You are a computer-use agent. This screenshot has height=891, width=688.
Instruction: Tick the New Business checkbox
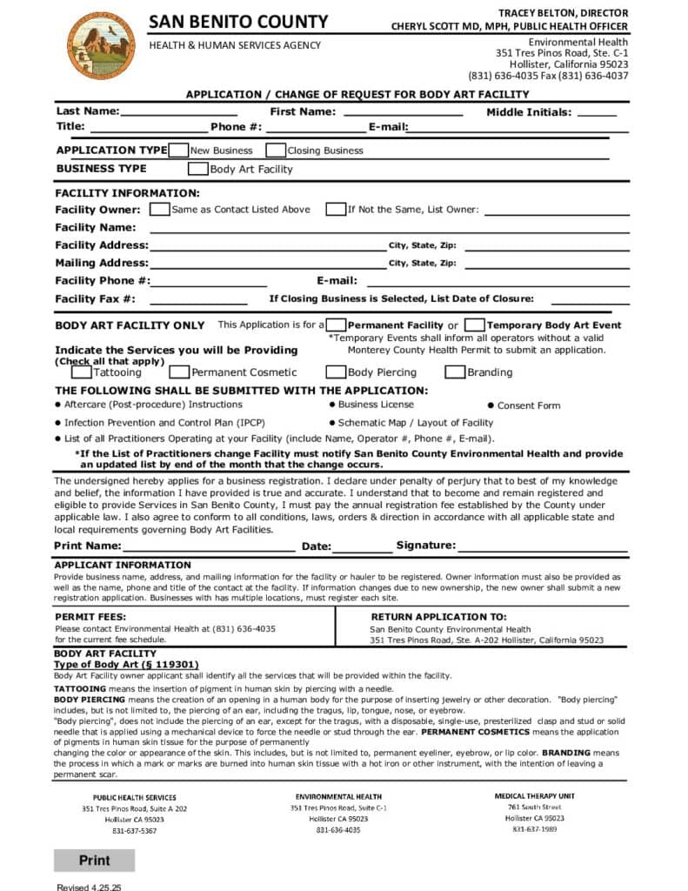tap(178, 150)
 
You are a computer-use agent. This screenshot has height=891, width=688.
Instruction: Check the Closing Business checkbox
tap(276, 150)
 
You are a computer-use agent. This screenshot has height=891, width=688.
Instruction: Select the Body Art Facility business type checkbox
tap(198, 169)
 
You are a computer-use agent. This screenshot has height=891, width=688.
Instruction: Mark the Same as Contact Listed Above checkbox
tap(160, 209)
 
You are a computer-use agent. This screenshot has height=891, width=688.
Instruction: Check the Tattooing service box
tap(81, 372)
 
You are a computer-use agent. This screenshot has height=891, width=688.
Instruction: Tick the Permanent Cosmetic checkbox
tap(179, 372)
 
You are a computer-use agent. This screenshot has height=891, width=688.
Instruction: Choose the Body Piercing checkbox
tap(336, 372)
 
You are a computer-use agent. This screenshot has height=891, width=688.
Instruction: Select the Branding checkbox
tap(455, 372)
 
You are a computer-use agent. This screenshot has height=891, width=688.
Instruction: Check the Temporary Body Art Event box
tap(475, 325)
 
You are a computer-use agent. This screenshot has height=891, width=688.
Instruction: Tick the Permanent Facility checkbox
tap(337, 325)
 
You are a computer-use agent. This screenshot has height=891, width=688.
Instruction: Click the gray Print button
tap(94, 860)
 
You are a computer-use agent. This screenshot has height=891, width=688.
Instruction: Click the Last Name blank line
tap(178, 113)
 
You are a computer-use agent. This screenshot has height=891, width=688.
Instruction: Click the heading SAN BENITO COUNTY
tap(238, 22)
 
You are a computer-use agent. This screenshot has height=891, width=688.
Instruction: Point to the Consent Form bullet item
tap(528, 405)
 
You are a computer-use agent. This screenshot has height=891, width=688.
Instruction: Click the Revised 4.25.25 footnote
tap(89, 887)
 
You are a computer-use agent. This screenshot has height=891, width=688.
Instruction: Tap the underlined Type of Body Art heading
tap(132, 664)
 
